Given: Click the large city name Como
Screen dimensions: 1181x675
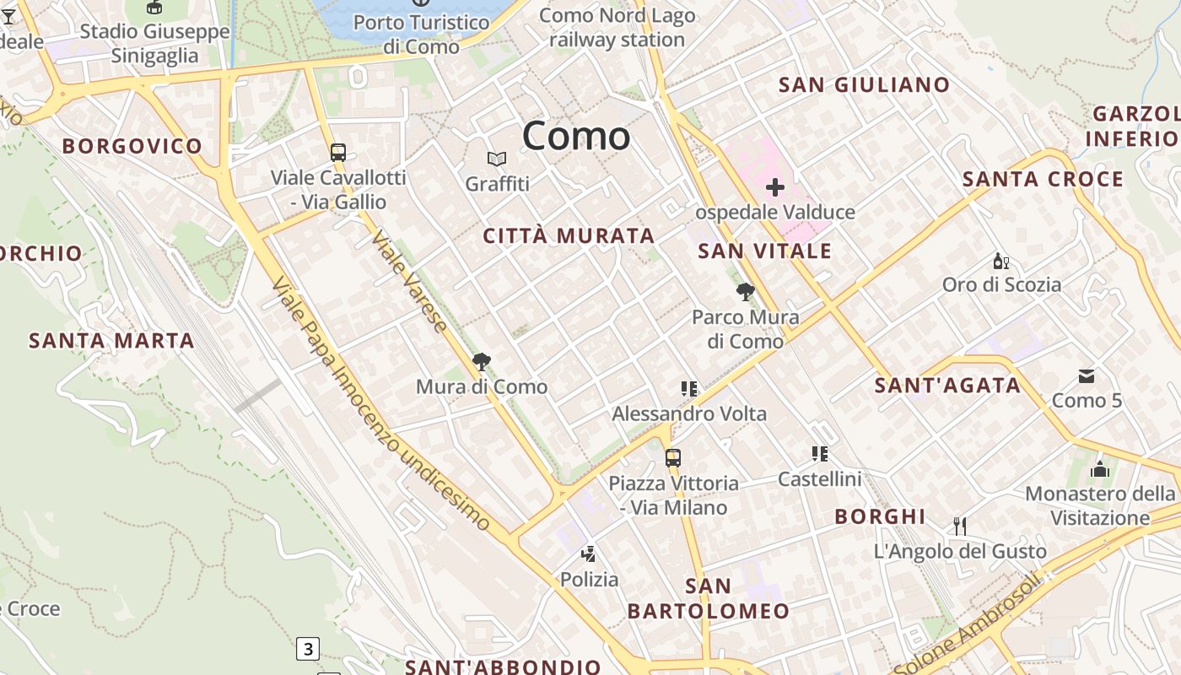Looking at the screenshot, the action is [x=576, y=137].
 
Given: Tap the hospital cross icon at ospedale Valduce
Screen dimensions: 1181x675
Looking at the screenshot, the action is [x=774, y=187].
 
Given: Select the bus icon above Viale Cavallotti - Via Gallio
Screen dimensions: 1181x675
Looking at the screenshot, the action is [x=338, y=153].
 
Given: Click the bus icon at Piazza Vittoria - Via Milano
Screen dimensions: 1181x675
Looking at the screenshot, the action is [x=672, y=458].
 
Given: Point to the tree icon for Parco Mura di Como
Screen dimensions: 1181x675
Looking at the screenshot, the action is [x=745, y=292].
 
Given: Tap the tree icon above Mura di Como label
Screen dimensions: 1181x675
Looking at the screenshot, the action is [x=482, y=362].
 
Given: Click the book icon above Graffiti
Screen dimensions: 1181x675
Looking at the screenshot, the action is [x=497, y=159].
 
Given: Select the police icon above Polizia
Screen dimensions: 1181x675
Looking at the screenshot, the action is [x=589, y=554].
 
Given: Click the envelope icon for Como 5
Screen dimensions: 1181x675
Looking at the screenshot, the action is [x=1087, y=375].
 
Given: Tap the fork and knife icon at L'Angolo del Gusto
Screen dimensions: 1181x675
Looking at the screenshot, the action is [x=959, y=526].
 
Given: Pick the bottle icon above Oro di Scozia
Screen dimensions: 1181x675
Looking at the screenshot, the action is [x=1001, y=261].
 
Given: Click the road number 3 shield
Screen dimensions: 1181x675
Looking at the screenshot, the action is [x=308, y=649].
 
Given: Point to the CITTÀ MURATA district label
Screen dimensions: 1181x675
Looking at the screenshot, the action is [x=569, y=236].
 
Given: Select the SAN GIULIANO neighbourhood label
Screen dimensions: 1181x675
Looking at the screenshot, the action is [x=864, y=85].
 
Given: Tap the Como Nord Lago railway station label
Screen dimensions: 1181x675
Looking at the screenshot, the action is [x=617, y=28].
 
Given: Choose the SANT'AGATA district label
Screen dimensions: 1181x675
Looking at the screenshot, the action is [x=947, y=386].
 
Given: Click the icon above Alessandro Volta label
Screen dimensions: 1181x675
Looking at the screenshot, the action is [x=689, y=389].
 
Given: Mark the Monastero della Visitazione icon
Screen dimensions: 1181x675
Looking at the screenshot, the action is [x=1100, y=469].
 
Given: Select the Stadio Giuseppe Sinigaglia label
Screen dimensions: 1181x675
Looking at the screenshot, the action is [x=154, y=44].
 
